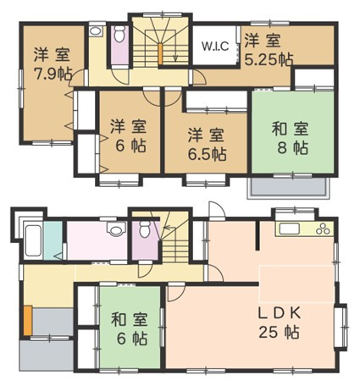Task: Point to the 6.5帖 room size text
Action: coord(207,154)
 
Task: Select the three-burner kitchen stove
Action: coord(323,229)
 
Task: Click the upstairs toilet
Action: coord(119,37)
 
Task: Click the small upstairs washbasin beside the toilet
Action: coord(95,32)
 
